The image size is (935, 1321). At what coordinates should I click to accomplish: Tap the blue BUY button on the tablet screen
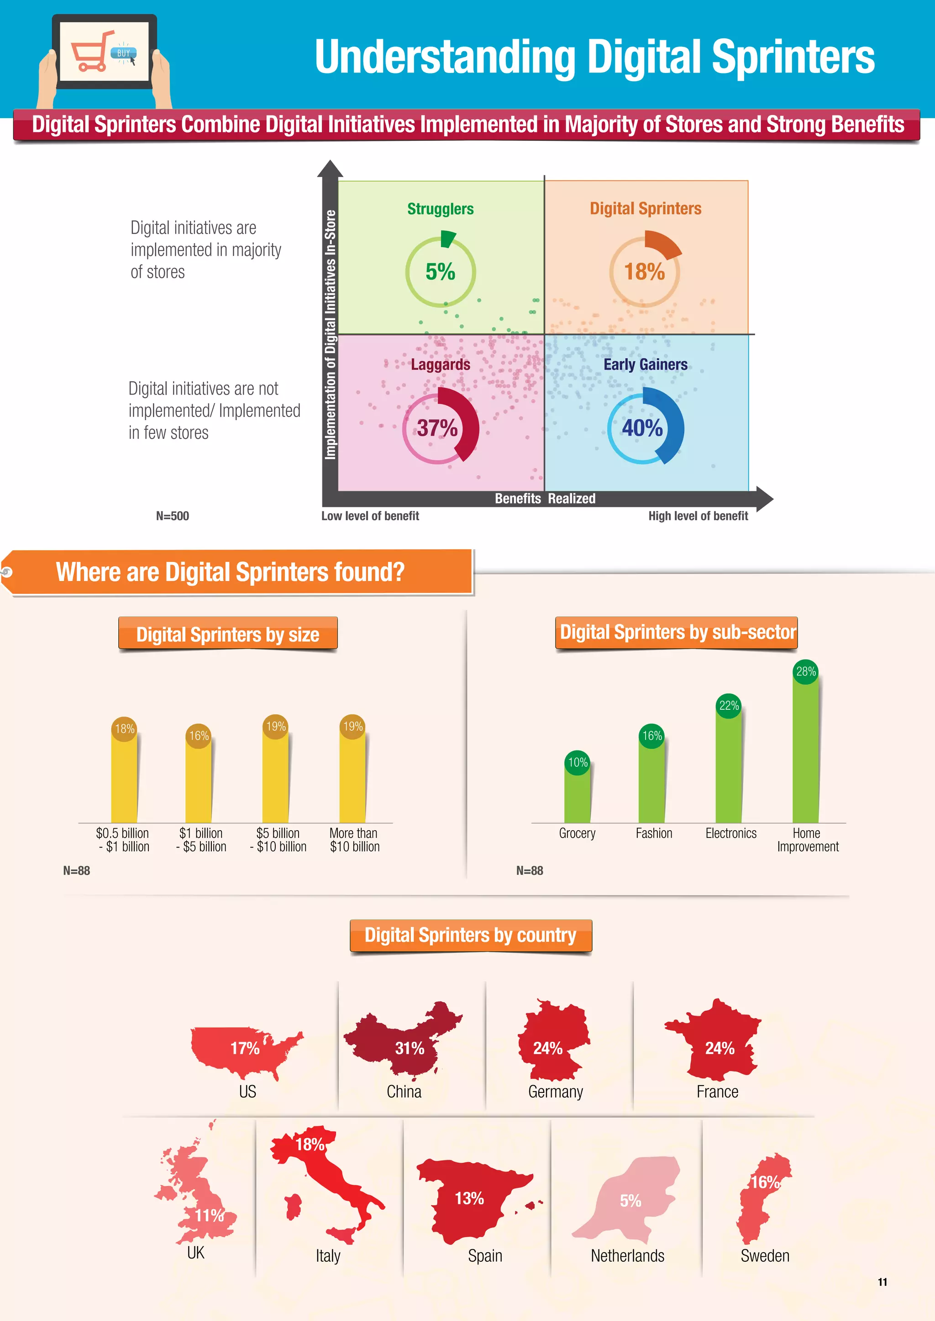[x=124, y=53]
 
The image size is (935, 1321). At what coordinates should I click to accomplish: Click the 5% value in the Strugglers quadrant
[x=441, y=271]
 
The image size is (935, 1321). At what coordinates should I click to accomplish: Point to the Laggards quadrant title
[x=441, y=365]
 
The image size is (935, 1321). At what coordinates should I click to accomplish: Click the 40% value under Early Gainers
[x=642, y=428]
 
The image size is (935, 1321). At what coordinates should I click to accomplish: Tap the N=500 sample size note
[x=172, y=516]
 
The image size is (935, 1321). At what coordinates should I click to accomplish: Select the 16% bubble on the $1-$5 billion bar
[x=199, y=736]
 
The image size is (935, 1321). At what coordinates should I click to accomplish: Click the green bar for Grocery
[x=578, y=797]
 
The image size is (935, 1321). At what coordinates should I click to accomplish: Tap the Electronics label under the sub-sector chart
[x=730, y=833]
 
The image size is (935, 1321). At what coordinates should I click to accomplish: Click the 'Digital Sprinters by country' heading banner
[x=470, y=936]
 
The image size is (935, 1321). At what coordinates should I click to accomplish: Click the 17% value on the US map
[x=245, y=1048]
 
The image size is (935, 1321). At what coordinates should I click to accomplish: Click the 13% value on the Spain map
[x=469, y=1198]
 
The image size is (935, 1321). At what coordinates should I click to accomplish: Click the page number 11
[x=882, y=1282]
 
